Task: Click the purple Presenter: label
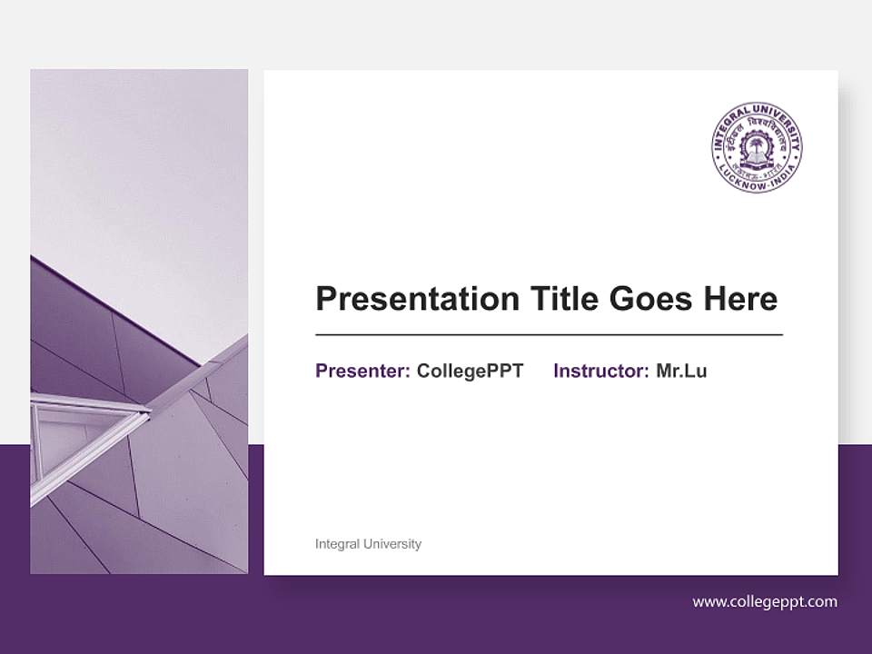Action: pos(362,371)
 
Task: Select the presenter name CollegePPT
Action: pos(470,371)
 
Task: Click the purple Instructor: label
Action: pos(600,371)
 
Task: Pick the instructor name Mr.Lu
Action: pos(681,371)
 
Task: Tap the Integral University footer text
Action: pos(368,544)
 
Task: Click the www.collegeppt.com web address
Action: pos(765,601)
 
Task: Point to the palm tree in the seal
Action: pos(757,144)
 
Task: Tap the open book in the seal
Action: pos(757,160)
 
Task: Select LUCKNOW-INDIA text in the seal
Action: pos(757,183)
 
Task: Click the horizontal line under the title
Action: pos(549,335)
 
